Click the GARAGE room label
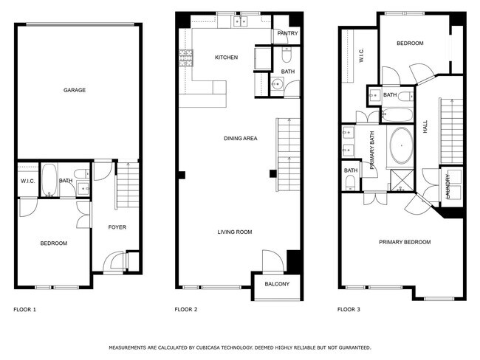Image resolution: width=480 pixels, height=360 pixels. pyautogui.click(x=74, y=90)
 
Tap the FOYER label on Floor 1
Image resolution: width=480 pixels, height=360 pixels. pyautogui.click(x=117, y=227)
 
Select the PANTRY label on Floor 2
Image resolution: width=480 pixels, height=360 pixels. pyautogui.click(x=287, y=33)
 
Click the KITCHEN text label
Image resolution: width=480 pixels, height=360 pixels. pyautogui.click(x=226, y=58)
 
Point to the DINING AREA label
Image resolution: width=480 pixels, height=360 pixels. pyautogui.click(x=240, y=139)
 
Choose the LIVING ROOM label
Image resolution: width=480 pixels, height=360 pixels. pyautogui.click(x=234, y=232)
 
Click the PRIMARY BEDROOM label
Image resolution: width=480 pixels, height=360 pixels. pyautogui.click(x=405, y=242)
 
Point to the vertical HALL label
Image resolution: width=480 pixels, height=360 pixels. pyautogui.click(x=425, y=128)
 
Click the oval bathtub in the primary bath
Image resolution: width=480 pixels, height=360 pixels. pyautogui.click(x=401, y=145)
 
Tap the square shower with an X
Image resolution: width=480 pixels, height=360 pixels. pyautogui.click(x=400, y=179)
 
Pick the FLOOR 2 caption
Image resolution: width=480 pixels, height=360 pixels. pyautogui.click(x=185, y=310)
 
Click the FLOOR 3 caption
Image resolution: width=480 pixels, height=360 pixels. pyautogui.click(x=349, y=310)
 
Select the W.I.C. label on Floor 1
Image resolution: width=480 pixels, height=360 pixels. pyautogui.click(x=28, y=181)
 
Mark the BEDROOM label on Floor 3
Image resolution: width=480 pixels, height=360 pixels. pyautogui.click(x=410, y=44)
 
